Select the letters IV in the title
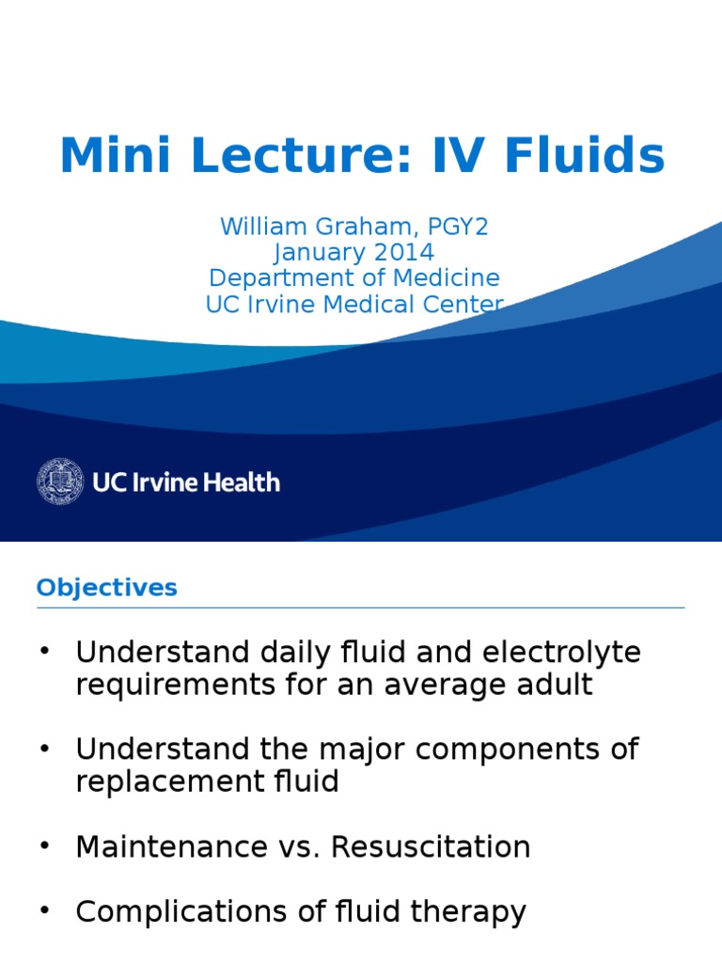point(454,156)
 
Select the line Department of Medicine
point(354,278)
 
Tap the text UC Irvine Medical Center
point(354,305)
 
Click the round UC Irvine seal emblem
point(60,481)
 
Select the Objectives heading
point(106,588)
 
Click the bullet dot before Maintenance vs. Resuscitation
point(43,846)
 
